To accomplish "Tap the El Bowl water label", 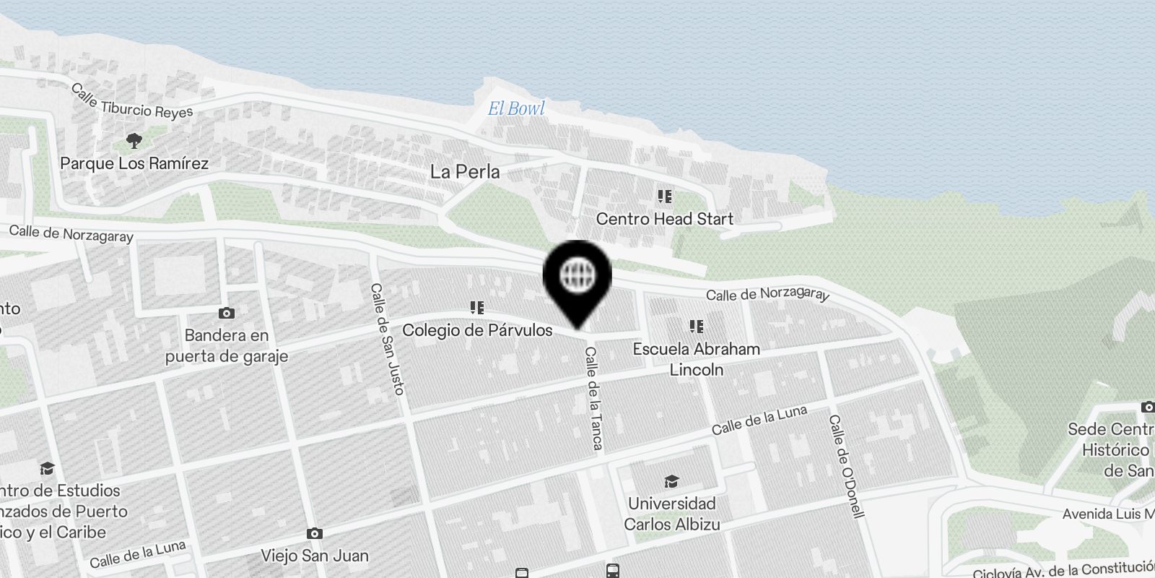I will pos(516,109).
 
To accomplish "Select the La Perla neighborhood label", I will pos(465,172).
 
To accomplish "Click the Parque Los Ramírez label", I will pos(134,163).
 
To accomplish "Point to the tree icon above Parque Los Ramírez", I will pos(134,140).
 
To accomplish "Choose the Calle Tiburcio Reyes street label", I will pos(131,102).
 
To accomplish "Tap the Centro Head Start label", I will pos(664,219).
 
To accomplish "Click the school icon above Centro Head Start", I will pos(664,197).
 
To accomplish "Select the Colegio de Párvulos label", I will pos(477,330).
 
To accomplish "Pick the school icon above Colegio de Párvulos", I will pos(477,309).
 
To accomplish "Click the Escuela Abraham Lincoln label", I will pos(696,359).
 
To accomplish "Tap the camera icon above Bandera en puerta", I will pos(227,313).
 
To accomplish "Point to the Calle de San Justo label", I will pos(387,338).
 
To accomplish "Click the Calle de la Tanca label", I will pos(593,398).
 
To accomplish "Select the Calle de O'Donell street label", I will pos(845,466).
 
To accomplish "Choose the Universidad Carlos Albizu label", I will pos(671,514).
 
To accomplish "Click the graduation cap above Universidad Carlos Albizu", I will pos(671,482).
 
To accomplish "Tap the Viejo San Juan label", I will pos(315,556).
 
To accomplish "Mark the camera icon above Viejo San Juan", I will pos(315,533).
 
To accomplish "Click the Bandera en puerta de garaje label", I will pos(227,345).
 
